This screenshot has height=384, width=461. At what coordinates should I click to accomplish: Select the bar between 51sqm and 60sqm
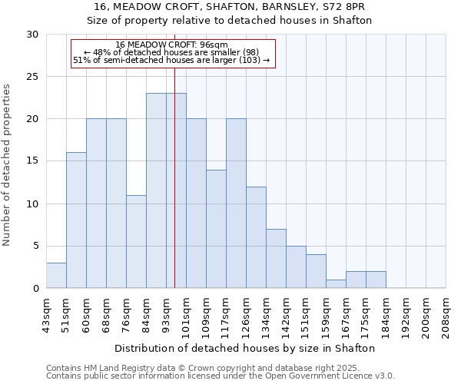tap(76, 220)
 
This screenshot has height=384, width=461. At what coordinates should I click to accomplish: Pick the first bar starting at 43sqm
tap(56, 276)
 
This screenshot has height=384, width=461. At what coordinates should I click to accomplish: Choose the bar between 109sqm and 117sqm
tap(216, 229)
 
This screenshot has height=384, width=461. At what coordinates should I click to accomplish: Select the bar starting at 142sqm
tap(296, 267)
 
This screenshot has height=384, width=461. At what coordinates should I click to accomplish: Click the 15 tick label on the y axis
tap(32, 161)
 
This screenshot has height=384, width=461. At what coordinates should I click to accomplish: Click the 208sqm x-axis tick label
tap(446, 315)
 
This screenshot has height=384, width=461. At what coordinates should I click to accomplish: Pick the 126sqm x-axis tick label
tap(247, 315)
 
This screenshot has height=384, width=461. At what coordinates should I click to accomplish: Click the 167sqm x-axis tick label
tap(347, 315)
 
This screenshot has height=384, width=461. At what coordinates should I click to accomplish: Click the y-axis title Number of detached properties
tap(8, 165)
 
